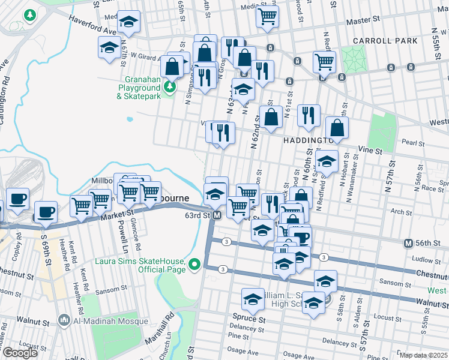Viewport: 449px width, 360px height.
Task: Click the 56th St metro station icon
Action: (408, 243)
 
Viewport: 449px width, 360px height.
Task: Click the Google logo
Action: (20, 353)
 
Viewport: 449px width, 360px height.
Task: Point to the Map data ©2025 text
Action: (424, 355)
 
